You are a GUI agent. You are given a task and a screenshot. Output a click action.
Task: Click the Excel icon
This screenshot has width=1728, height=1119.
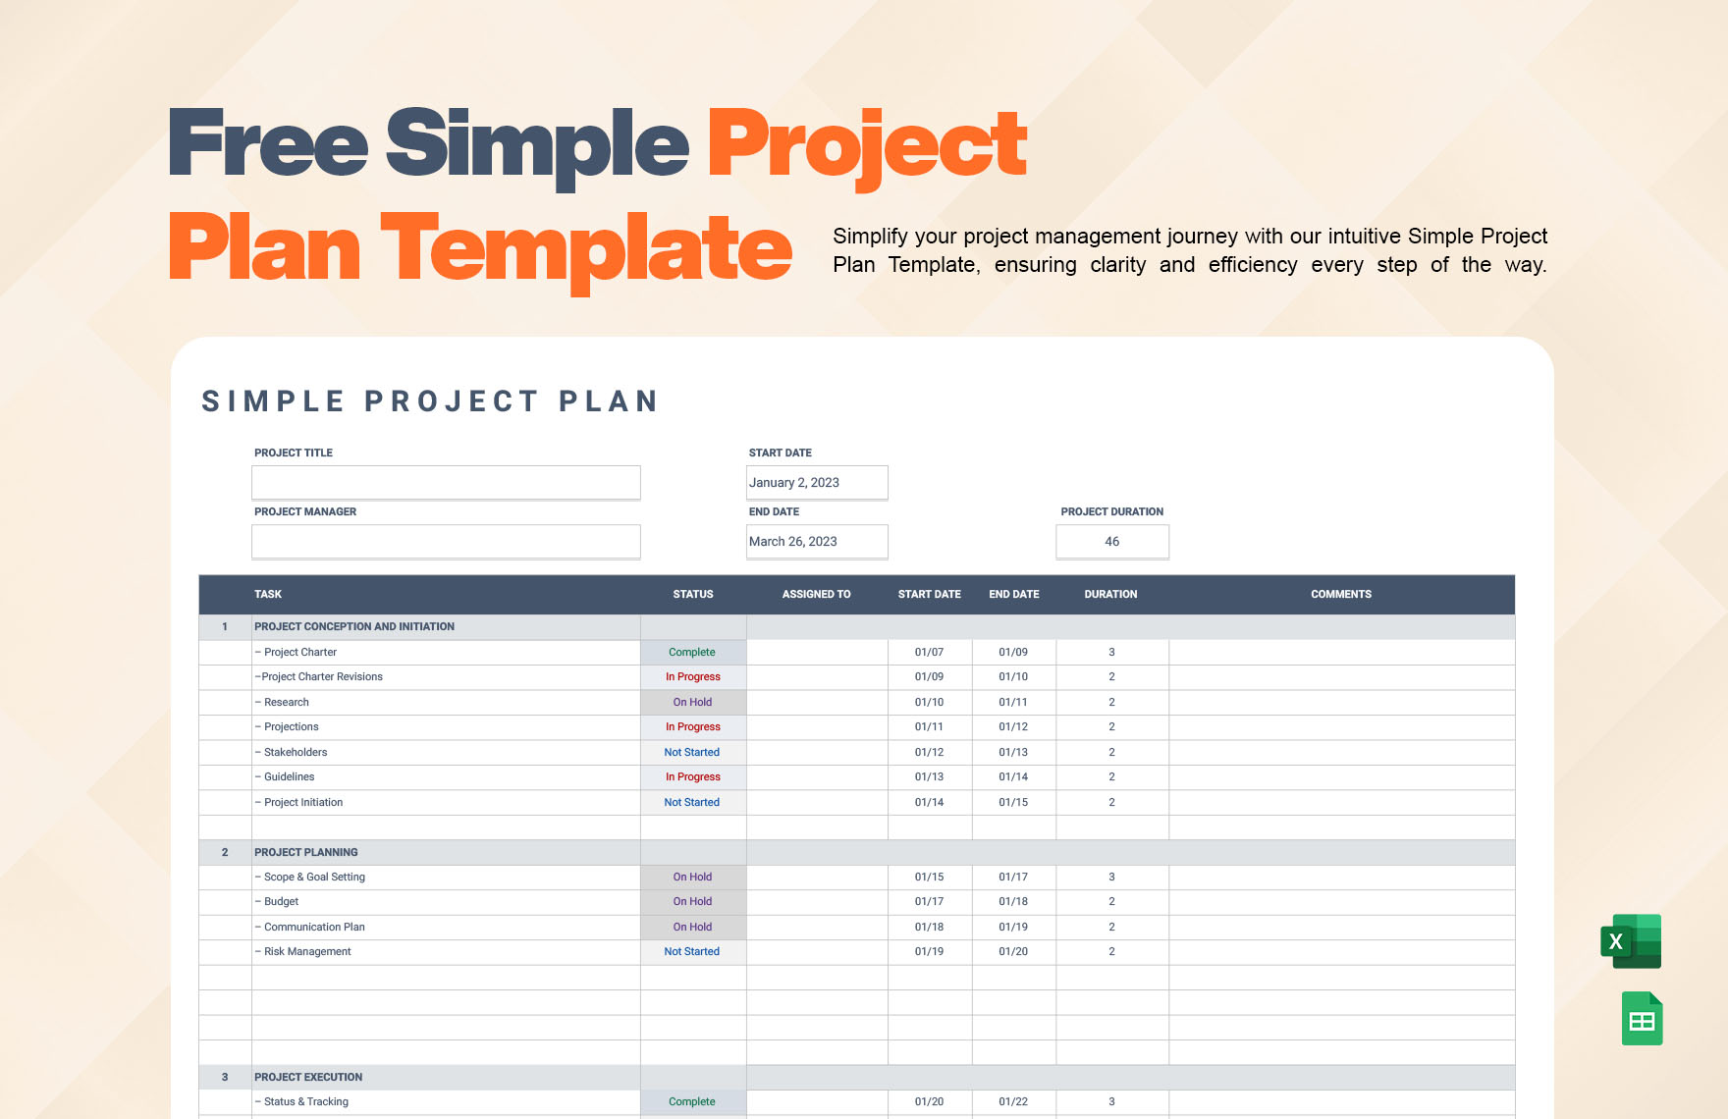tap(1631, 941)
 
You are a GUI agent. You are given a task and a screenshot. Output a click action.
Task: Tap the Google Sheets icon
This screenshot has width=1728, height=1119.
tap(1642, 1019)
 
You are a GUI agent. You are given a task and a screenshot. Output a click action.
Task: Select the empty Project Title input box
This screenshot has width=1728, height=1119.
tap(446, 483)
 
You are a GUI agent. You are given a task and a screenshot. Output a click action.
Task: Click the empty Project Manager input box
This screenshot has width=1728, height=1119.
tap(446, 542)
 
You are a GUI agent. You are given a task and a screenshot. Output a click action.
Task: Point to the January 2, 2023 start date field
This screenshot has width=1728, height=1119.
tap(817, 483)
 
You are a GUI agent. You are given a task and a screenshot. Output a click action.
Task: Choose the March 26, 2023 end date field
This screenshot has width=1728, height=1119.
tap(817, 542)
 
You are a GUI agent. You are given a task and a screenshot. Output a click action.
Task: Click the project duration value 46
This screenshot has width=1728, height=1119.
tap(1112, 542)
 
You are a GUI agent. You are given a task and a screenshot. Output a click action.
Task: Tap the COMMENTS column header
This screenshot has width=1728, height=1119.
tap(1341, 595)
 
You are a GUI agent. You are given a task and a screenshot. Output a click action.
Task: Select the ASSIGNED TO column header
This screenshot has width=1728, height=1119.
tap(816, 595)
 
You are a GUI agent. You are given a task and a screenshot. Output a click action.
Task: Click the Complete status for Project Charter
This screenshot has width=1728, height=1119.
tap(692, 653)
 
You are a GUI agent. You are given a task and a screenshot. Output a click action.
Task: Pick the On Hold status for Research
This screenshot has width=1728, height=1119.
tap(692, 703)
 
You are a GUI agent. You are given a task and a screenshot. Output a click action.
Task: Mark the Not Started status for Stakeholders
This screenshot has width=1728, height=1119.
tap(692, 753)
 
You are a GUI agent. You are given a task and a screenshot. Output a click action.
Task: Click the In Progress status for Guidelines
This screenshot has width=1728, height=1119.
tap(693, 777)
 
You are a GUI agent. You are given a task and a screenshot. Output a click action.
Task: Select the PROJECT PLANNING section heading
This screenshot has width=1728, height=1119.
tap(306, 853)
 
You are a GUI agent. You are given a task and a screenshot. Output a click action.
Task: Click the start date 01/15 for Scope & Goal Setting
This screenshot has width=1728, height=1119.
tap(929, 878)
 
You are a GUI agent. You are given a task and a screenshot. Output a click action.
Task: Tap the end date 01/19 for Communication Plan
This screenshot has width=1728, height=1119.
tap(1013, 928)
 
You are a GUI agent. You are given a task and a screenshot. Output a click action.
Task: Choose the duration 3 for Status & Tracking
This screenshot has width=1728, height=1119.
tap(1111, 1102)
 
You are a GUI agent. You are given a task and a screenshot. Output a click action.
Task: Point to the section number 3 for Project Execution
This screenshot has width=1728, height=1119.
tap(225, 1078)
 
